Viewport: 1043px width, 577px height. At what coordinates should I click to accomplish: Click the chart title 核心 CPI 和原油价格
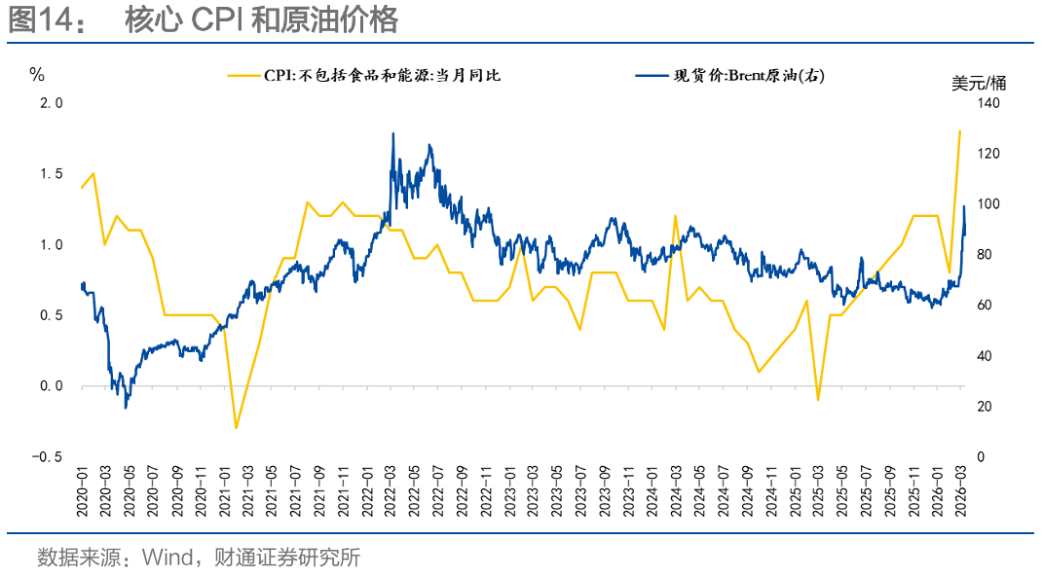[261, 20]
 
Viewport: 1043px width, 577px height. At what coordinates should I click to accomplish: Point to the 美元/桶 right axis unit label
[979, 83]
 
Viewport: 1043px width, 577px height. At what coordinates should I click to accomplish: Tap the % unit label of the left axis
[37, 75]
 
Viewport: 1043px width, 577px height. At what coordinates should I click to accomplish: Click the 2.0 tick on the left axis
[51, 103]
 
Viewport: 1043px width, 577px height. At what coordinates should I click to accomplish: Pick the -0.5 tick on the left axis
[47, 457]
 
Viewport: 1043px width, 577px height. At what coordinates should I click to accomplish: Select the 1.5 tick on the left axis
[51, 174]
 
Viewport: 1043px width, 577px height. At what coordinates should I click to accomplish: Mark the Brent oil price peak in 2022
[392, 133]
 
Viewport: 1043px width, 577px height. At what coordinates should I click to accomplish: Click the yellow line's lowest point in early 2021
[236, 428]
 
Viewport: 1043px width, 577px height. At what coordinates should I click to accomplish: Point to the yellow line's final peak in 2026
[960, 130]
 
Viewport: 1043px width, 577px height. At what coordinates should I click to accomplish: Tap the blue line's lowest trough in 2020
[126, 408]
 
